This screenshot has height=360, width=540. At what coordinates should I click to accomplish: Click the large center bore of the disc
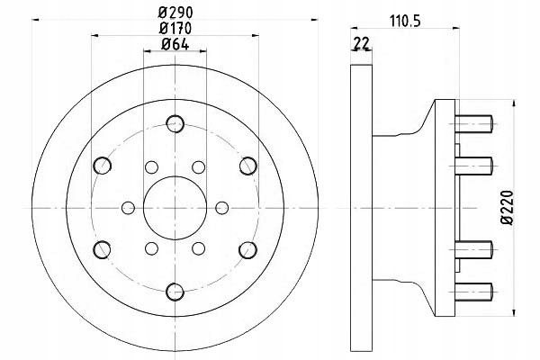pyautogui.click(x=174, y=206)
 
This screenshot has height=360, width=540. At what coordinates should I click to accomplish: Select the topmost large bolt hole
pyautogui.click(x=175, y=123)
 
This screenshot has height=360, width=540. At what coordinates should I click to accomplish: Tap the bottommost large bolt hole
pyautogui.click(x=175, y=289)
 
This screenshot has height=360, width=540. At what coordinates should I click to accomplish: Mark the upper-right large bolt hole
pyautogui.click(x=246, y=165)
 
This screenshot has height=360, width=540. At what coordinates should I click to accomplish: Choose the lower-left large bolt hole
pyautogui.click(x=103, y=247)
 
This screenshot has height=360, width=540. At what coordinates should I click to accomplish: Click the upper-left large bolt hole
pyautogui.click(x=103, y=165)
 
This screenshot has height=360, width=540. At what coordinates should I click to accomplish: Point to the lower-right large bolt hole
pyautogui.click(x=246, y=247)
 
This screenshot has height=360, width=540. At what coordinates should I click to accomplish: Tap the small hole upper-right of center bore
pyautogui.click(x=198, y=166)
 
